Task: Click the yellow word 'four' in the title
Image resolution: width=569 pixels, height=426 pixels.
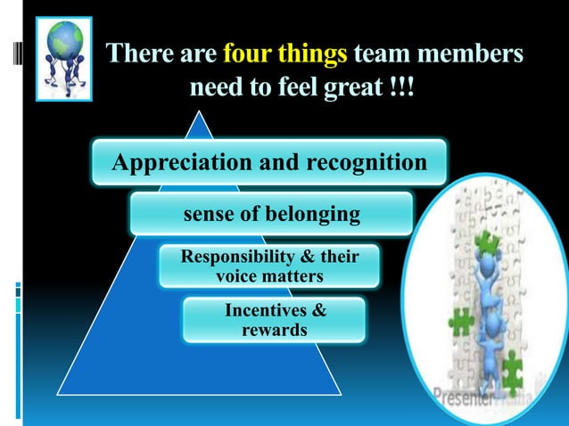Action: (x=249, y=56)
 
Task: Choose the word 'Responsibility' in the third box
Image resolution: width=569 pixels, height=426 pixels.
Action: (x=237, y=258)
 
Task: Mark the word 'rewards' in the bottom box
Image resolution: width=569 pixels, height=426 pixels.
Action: (x=275, y=330)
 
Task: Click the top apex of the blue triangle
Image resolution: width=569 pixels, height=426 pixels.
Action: (x=203, y=113)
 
